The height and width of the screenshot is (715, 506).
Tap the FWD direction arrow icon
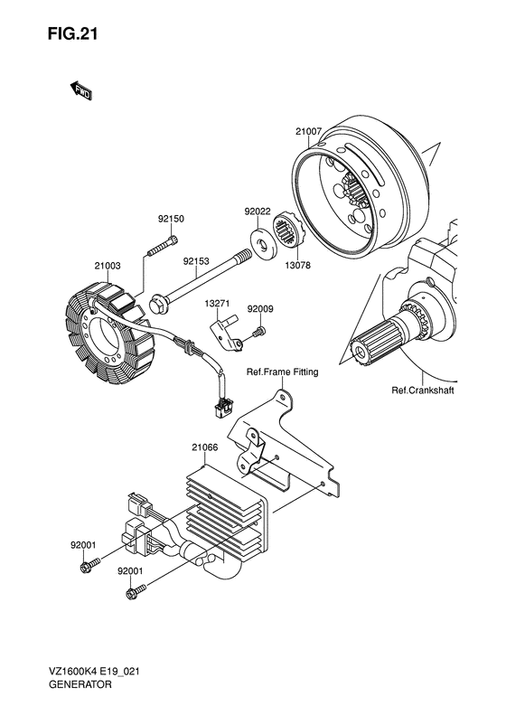click(x=80, y=89)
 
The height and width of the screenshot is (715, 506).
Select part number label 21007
click(x=308, y=132)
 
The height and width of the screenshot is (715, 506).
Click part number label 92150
click(x=171, y=219)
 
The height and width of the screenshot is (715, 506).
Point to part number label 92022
click(x=258, y=212)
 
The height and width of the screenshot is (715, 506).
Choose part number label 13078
click(x=300, y=266)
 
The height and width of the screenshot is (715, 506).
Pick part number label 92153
click(x=196, y=263)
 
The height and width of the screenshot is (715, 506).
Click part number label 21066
click(x=205, y=446)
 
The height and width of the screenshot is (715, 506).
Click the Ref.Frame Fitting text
click(x=282, y=373)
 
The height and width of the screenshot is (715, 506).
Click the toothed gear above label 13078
click(x=294, y=233)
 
